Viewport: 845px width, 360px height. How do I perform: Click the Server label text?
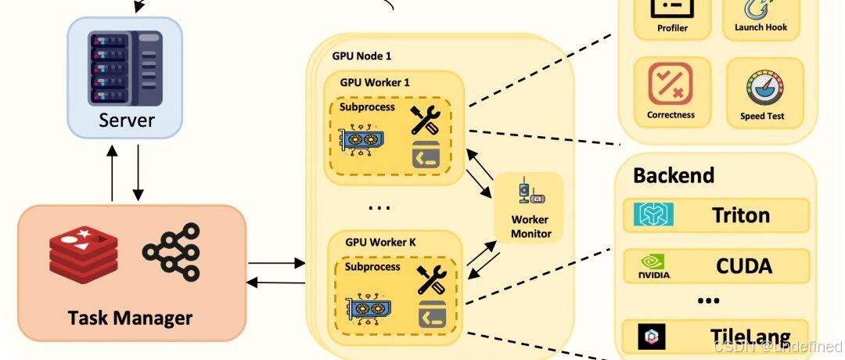pyautogui.click(x=127, y=121)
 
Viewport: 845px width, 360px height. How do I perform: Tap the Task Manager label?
pyautogui.click(x=130, y=318)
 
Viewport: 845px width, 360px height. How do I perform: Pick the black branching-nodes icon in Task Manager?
pyautogui.click(x=171, y=252)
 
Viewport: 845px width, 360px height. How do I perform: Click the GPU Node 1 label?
pyautogui.click(x=361, y=56)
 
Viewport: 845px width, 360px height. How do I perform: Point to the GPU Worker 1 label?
pyautogui.click(x=375, y=82)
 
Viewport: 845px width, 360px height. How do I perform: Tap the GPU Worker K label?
pyautogui.click(x=381, y=242)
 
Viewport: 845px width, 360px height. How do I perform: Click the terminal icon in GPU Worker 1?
pyautogui.click(x=426, y=156)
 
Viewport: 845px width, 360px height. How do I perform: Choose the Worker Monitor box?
pyautogui.click(x=530, y=207)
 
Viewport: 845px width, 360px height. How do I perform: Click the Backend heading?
pyautogui.click(x=673, y=175)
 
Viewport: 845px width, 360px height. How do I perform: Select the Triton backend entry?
pyautogui.click(x=715, y=215)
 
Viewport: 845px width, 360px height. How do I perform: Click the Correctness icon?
pyautogui.click(x=670, y=84)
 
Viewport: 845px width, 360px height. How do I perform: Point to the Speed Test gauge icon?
pyautogui.click(x=762, y=86)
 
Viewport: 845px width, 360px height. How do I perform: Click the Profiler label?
pyautogui.click(x=672, y=28)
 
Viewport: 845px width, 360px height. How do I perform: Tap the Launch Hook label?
pyautogui.click(x=760, y=27)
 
